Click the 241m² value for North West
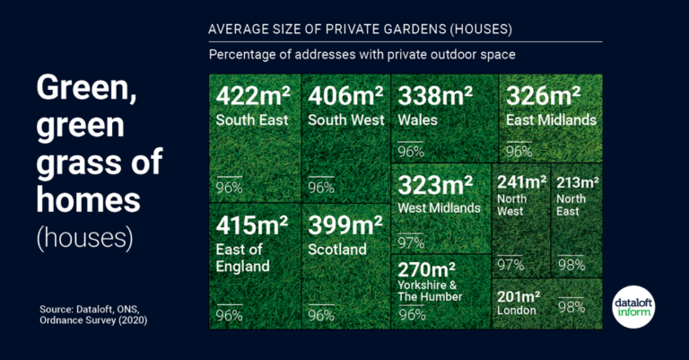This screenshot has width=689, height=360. [x=521, y=181]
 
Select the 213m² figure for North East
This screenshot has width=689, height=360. [x=578, y=181]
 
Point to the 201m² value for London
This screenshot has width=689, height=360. [x=519, y=295]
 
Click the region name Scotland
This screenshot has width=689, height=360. [x=337, y=249]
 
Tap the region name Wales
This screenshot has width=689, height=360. [x=416, y=119]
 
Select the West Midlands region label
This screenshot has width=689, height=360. [x=440, y=208]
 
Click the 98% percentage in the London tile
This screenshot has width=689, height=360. [x=571, y=307]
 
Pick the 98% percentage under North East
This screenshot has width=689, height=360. [x=571, y=265]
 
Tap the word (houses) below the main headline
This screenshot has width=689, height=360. [x=84, y=238]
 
